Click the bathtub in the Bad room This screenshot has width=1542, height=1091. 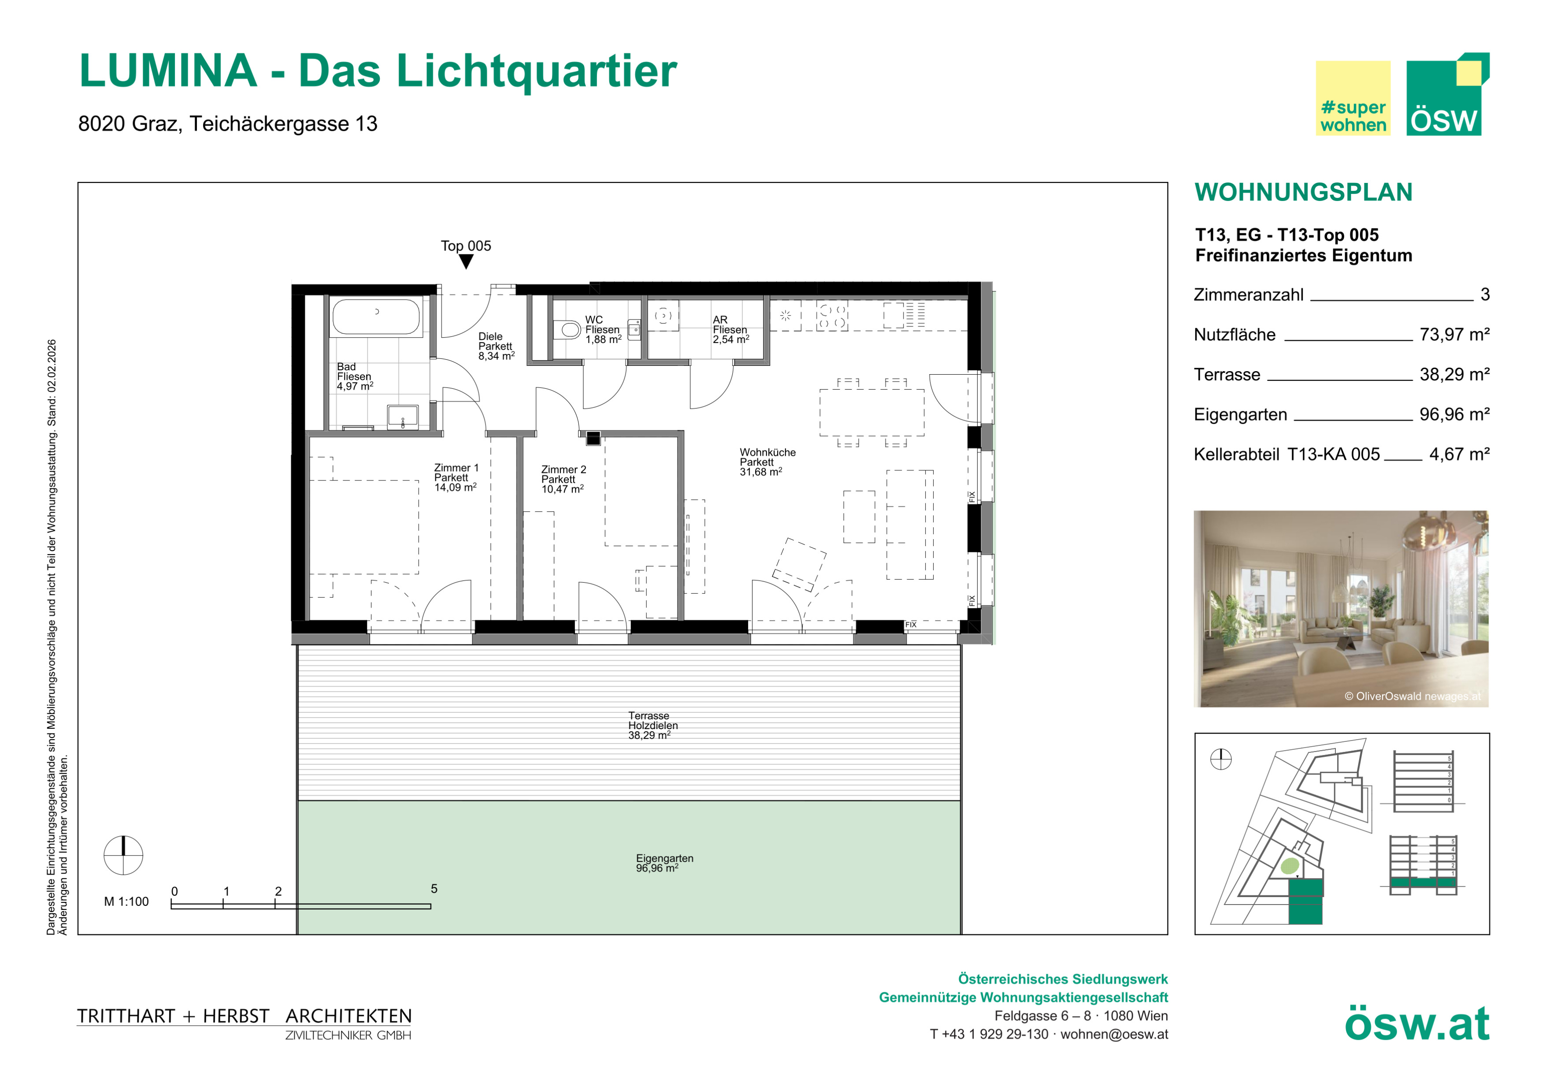tap(376, 317)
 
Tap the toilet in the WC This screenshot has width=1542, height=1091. tap(567, 329)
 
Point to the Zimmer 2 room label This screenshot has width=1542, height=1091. tap(563, 480)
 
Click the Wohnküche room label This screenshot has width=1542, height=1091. tap(767, 462)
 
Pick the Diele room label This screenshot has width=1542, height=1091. tap(497, 346)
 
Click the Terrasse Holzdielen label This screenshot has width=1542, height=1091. tap(653, 726)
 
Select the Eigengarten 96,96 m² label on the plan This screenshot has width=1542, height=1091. tap(664, 863)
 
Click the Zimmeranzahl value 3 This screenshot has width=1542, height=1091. tap(1485, 294)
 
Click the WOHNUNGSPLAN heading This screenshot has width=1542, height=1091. tap(1304, 192)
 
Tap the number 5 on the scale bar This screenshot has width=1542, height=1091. tap(434, 889)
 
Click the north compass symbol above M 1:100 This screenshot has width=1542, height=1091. tap(123, 855)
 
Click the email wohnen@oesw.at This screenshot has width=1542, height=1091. tap(1114, 1035)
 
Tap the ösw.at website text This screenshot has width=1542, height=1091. tap(1417, 1024)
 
